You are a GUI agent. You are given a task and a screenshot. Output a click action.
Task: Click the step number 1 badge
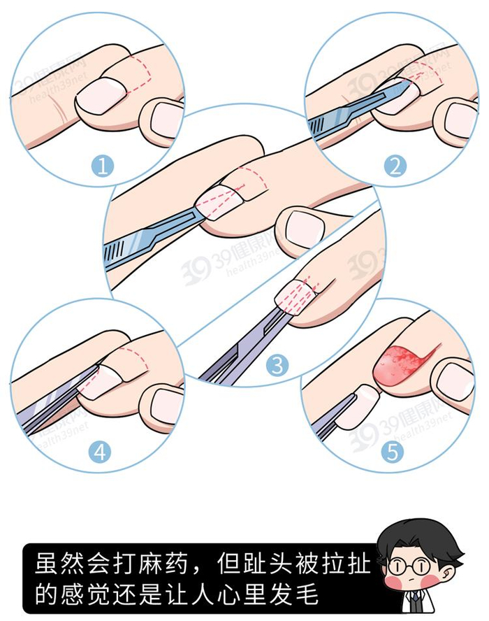pos(103,166)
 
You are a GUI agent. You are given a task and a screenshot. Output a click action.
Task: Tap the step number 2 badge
pos(395,166)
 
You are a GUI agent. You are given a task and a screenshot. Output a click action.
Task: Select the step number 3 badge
pos(277,365)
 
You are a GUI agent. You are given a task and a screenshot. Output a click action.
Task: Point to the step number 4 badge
pos(100,452)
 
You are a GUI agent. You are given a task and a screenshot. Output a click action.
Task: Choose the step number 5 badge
pos(392,452)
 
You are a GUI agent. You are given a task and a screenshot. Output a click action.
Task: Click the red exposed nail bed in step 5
pos(397,364)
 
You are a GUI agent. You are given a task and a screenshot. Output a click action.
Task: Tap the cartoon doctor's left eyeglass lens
pos(396,566)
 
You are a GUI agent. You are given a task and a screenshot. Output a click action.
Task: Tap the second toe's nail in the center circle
pos(305,229)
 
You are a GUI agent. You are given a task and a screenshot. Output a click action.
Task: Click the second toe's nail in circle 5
pos(454,381)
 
